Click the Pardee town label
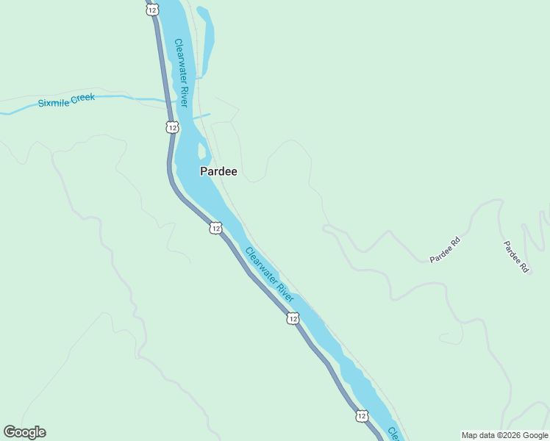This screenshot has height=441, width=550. (218, 171)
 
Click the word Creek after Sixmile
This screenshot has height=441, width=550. (83, 98)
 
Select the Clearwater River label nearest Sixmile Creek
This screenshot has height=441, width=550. (182, 72)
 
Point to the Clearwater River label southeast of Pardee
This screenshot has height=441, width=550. (269, 275)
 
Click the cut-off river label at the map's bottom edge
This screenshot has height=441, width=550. (393, 433)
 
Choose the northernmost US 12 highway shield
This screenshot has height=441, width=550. (151, 10)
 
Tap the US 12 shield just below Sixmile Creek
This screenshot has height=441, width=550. (171, 127)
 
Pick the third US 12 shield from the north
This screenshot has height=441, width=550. (215, 228)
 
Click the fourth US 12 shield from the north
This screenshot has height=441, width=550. (293, 318)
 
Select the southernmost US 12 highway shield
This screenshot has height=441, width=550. (361, 416)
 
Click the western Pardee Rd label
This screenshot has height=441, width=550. (445, 249)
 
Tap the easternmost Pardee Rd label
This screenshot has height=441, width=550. (516, 257)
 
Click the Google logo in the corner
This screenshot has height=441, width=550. (24, 432)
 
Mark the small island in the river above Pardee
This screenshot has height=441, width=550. (201, 151)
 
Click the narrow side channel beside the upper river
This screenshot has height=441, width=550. (206, 37)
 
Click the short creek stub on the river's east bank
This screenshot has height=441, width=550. (202, 115)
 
